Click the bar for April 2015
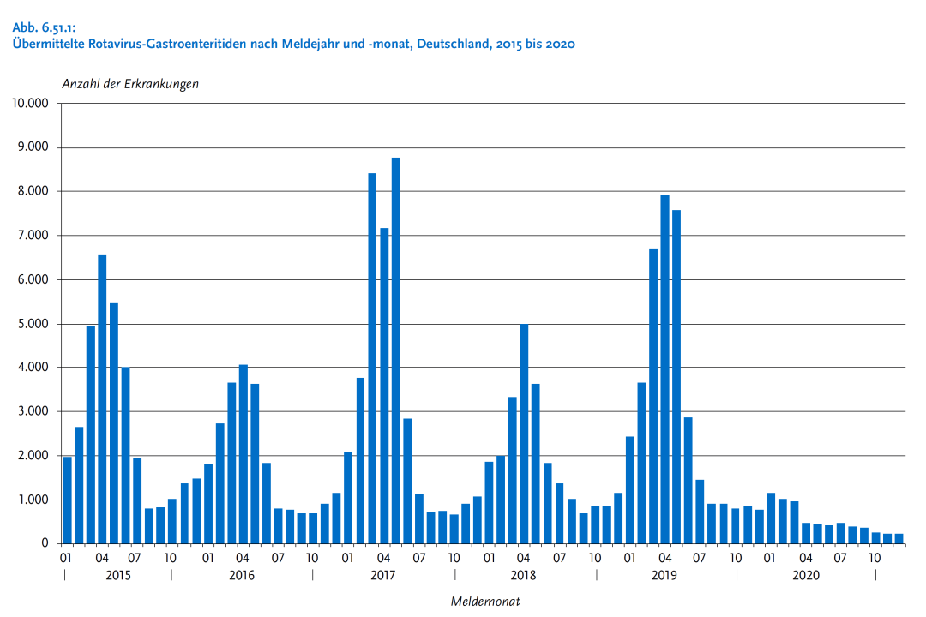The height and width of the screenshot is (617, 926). click(102, 398)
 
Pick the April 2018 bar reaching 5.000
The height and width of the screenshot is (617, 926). click(524, 434)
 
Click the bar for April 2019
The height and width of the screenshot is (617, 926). click(664, 369)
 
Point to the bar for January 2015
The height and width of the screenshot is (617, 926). click(67, 500)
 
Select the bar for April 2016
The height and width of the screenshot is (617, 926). click(244, 454)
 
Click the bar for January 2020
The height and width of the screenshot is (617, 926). click(771, 518)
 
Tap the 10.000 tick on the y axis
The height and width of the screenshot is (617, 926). click(30, 104)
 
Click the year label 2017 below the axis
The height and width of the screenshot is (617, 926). click(383, 575)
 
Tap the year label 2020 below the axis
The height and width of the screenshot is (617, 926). click(805, 575)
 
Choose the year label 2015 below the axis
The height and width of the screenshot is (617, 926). click(117, 575)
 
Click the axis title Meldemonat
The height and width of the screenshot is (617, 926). click(485, 602)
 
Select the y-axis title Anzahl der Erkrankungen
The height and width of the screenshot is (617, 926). click(130, 84)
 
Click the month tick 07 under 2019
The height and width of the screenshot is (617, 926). click(700, 558)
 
